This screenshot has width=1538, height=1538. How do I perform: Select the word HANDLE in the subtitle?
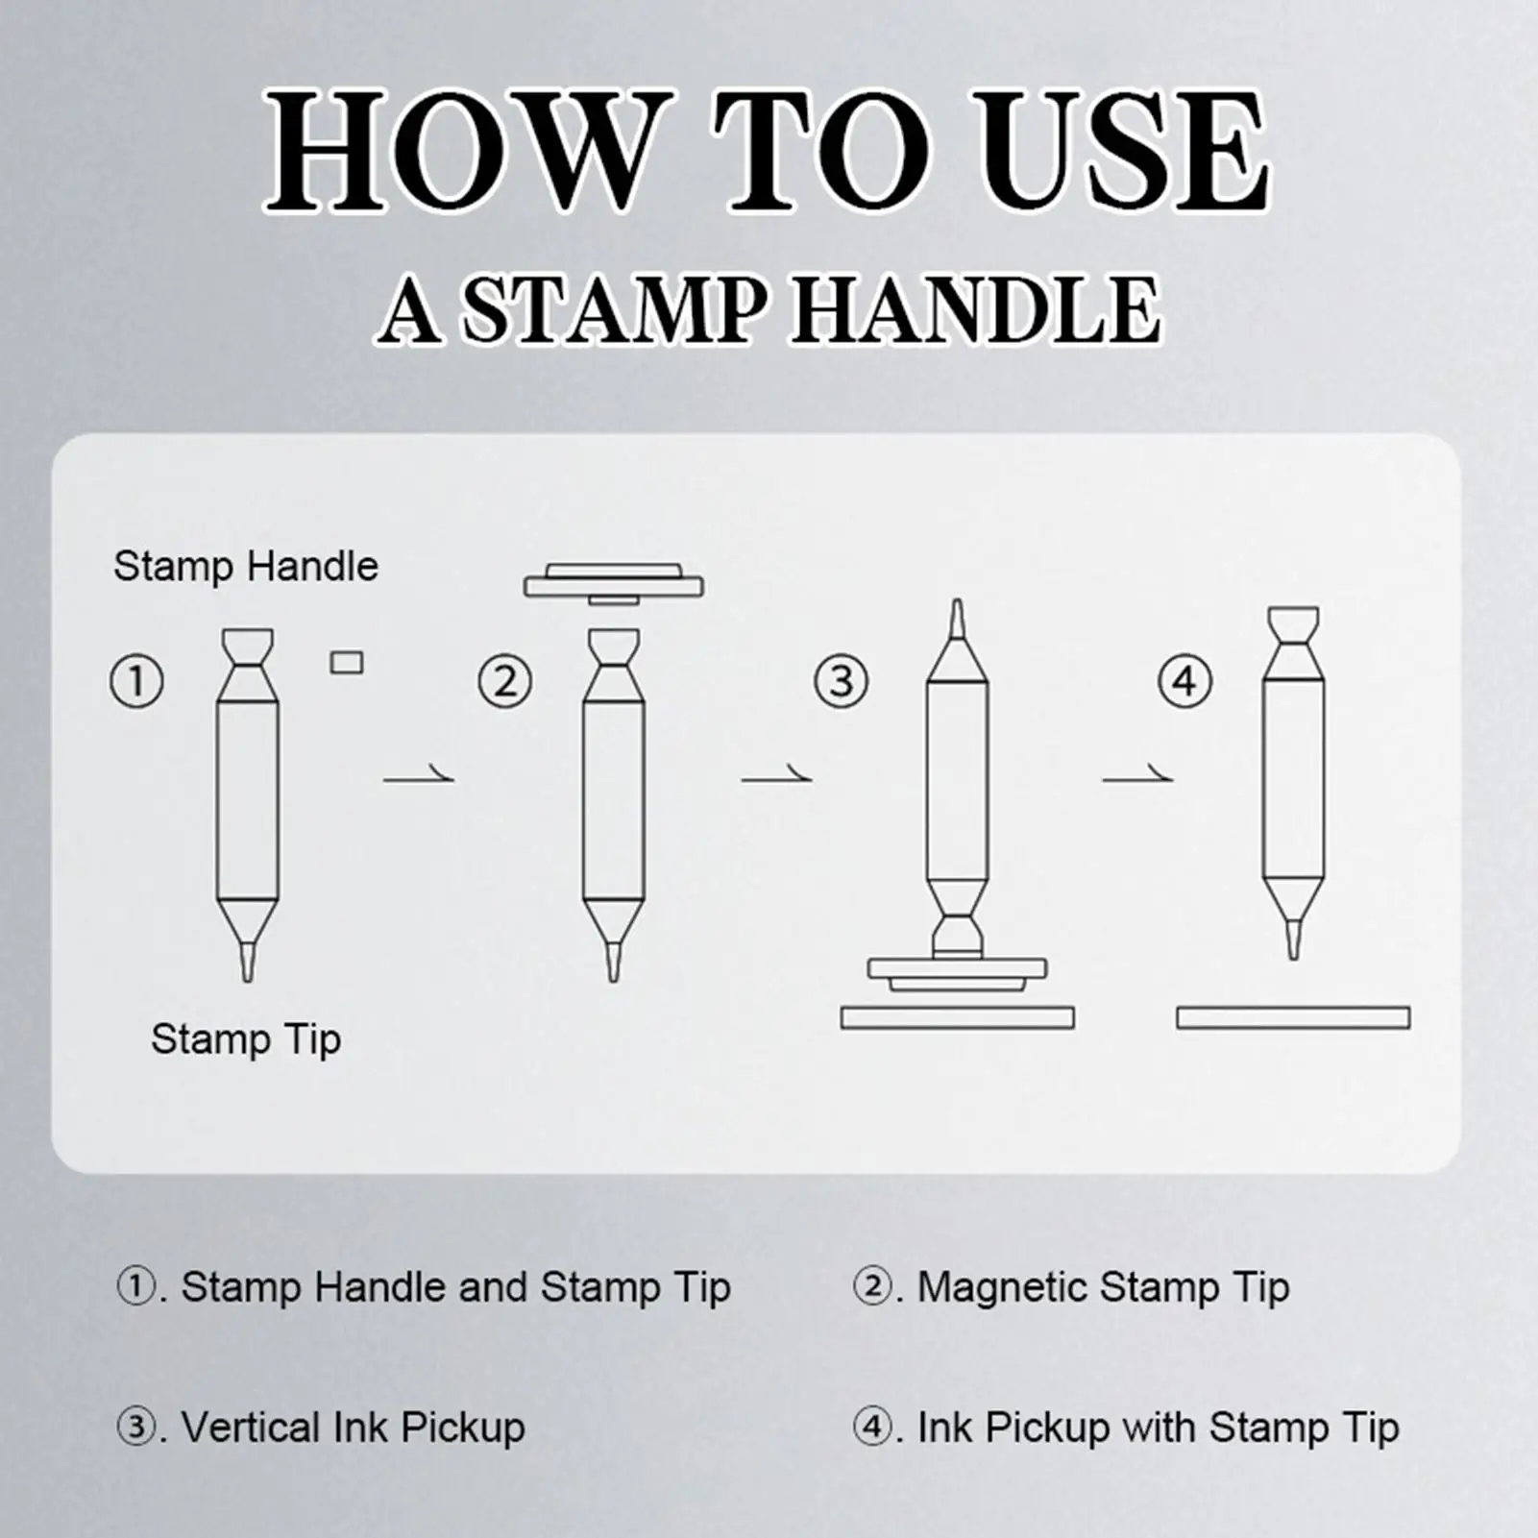[976, 309]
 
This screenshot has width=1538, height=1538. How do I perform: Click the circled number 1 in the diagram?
[137, 682]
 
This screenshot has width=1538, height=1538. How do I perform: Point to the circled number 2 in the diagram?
[505, 682]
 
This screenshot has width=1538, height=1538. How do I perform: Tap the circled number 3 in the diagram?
[842, 682]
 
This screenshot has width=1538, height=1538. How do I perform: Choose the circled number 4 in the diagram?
[1184, 682]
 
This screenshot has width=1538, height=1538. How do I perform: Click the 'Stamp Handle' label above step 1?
[246, 567]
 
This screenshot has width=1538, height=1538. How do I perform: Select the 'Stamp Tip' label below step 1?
[246, 1039]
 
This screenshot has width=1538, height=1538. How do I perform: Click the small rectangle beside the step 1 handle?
[347, 663]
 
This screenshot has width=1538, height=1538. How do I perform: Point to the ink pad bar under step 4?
[1293, 1017]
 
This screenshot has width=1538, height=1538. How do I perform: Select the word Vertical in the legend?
[250, 1428]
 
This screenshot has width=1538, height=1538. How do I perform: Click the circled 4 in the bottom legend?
[871, 1428]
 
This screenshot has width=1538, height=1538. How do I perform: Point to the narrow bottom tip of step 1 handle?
[248, 963]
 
